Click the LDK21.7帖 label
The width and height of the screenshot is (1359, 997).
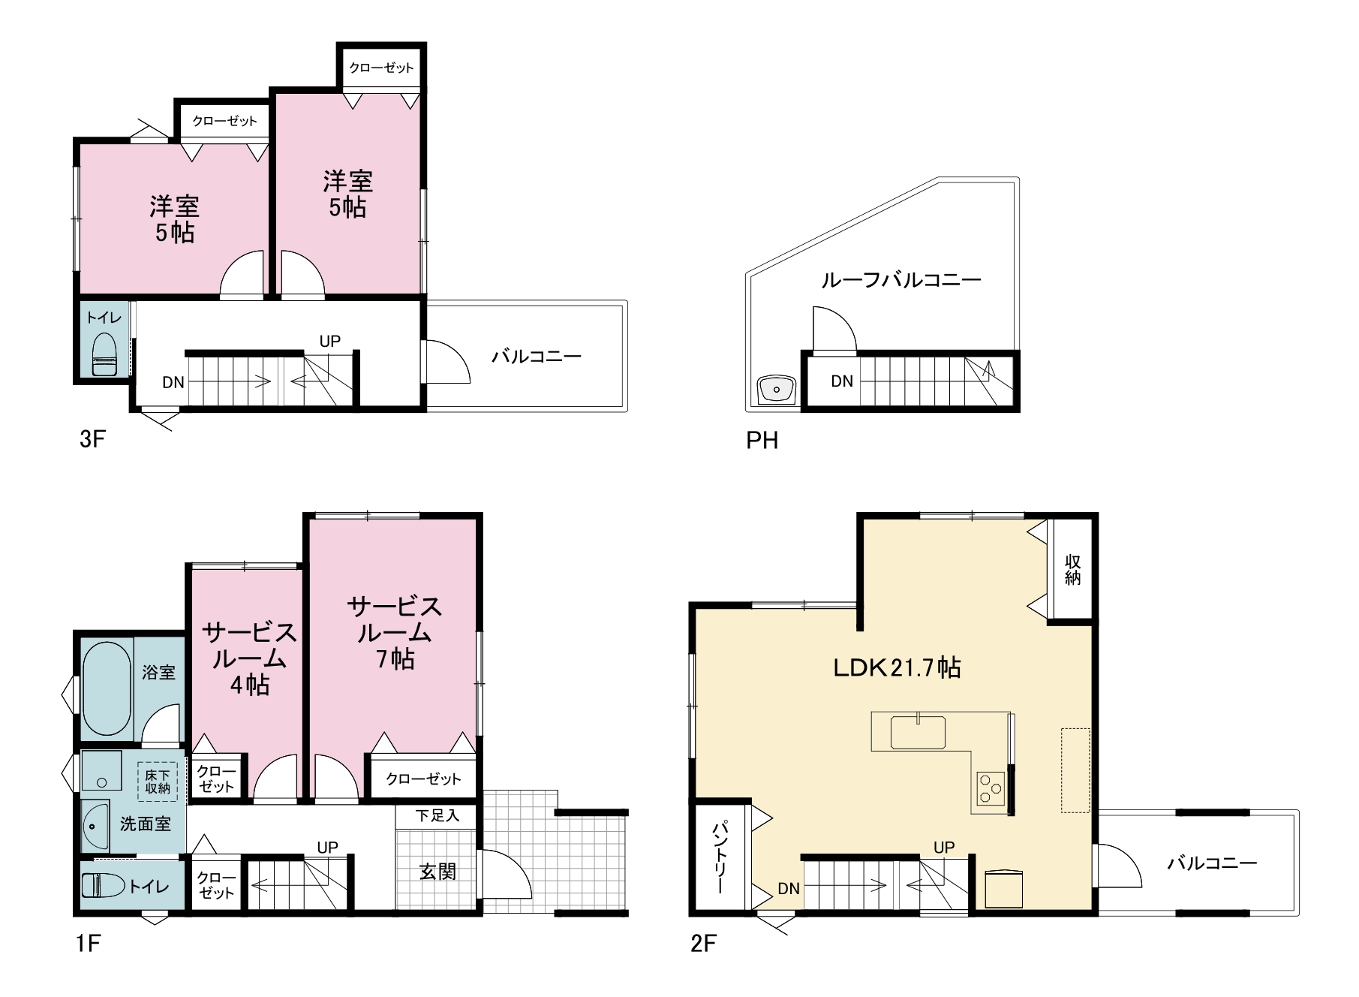897,667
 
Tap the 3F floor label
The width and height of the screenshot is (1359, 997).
92,439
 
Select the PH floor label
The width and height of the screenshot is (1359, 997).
762,440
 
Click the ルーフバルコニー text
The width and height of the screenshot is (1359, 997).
900,281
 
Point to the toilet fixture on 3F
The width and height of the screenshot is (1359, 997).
104,354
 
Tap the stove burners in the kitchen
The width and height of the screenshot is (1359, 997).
991,786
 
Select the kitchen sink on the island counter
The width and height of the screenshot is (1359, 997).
918,732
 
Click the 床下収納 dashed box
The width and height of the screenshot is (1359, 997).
158,781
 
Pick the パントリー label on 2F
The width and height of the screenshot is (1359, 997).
719,858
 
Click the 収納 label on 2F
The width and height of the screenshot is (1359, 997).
1072,570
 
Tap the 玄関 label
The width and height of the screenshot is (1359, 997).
437,872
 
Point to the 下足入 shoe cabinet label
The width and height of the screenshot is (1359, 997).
437,815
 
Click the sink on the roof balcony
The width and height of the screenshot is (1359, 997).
777,390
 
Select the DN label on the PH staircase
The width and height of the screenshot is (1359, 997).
842,381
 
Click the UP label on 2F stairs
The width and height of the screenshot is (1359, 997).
944,848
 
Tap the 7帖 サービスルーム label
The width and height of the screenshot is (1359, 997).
395,632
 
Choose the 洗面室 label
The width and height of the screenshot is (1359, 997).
146,824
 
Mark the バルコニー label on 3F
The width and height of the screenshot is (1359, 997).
537,356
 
